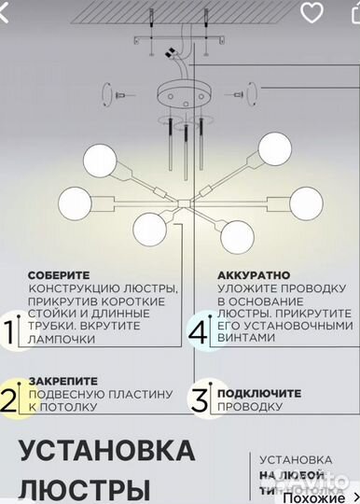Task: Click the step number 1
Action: click(9, 332)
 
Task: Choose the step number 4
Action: click(198, 331)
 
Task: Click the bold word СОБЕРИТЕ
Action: click(59, 276)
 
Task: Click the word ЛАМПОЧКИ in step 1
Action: click(62, 340)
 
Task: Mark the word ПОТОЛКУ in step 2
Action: click(70, 407)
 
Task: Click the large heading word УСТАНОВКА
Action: click(106, 451)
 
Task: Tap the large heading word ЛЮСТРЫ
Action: click(84, 489)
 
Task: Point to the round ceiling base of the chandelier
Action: click(179, 98)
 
